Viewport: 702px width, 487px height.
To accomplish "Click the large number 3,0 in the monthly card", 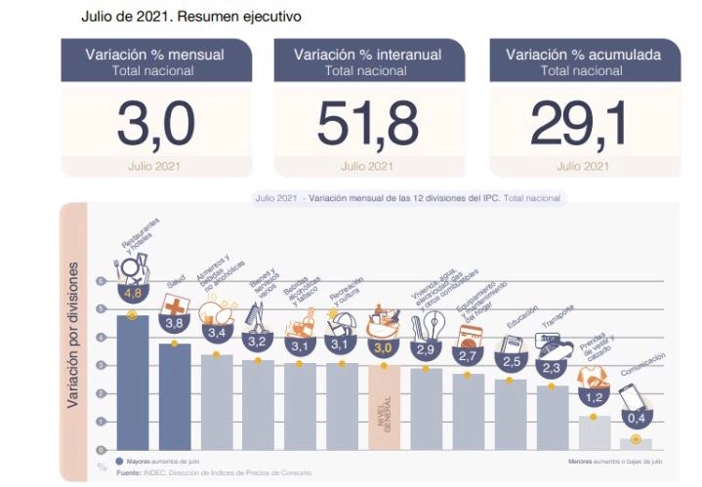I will coord(155,122).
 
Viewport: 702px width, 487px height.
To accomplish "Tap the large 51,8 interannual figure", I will coord(368,122).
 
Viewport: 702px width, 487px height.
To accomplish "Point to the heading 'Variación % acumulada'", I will coord(583,54).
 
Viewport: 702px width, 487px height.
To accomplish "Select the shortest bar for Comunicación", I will coord(637,444).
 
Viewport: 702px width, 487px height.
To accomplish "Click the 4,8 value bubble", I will coord(133,293).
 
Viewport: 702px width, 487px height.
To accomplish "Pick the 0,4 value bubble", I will coord(637,418).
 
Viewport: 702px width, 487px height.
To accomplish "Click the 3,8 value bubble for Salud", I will coord(175,323).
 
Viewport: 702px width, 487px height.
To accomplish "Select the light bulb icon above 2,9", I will coord(426,326).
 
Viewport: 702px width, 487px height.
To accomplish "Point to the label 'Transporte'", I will coord(557,323).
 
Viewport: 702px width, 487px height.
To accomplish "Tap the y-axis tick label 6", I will coord(102,281).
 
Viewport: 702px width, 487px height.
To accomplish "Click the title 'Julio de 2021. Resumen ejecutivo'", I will coord(190,17).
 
